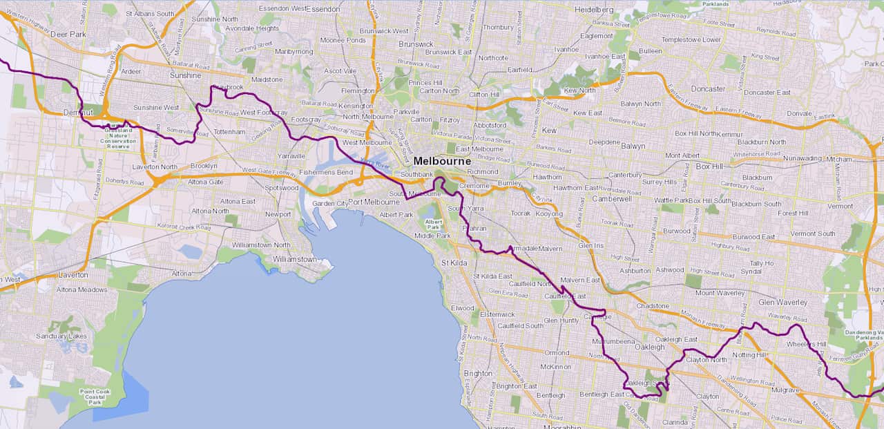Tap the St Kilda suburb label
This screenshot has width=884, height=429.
(454, 263)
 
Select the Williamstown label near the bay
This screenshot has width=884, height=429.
(294, 259)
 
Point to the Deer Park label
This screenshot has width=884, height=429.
(67, 34)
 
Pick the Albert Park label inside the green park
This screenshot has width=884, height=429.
(433, 225)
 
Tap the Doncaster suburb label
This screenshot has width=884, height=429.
(709, 89)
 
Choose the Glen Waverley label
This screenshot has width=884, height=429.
(782, 303)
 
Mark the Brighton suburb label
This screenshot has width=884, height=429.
(478, 373)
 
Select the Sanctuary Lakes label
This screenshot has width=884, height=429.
(64, 336)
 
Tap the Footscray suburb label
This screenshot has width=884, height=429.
(306, 120)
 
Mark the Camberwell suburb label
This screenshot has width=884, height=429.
(612, 198)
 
